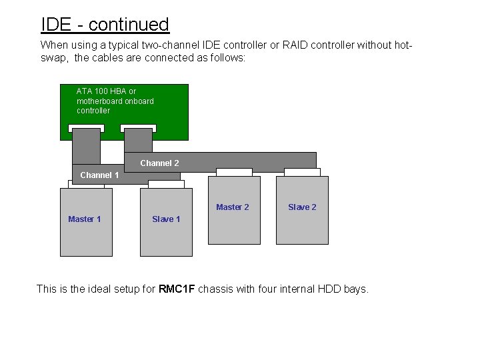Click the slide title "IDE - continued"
(x=105, y=25)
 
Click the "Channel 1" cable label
(x=99, y=175)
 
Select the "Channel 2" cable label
(x=159, y=163)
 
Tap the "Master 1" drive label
(x=85, y=219)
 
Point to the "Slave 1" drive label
(x=166, y=219)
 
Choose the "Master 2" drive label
(x=233, y=207)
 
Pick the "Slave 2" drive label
(x=302, y=207)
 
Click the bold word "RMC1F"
(x=177, y=289)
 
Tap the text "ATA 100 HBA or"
(x=106, y=91)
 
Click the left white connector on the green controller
(x=86, y=128)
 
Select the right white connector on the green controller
(x=138, y=128)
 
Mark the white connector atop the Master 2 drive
(x=234, y=172)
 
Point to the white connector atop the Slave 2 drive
(x=302, y=172)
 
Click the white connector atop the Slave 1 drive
(x=166, y=184)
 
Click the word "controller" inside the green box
(x=93, y=111)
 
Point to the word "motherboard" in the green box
(x=99, y=101)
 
